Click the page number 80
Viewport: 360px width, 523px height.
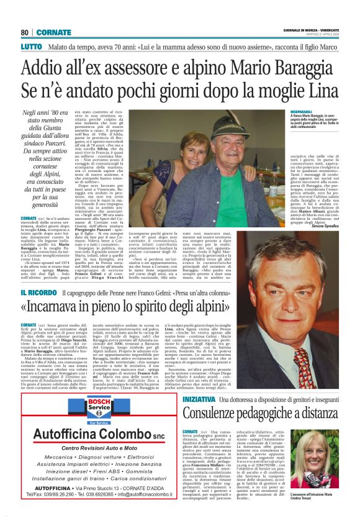(x=24, y=32)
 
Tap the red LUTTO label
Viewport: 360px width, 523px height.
(x=31, y=47)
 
